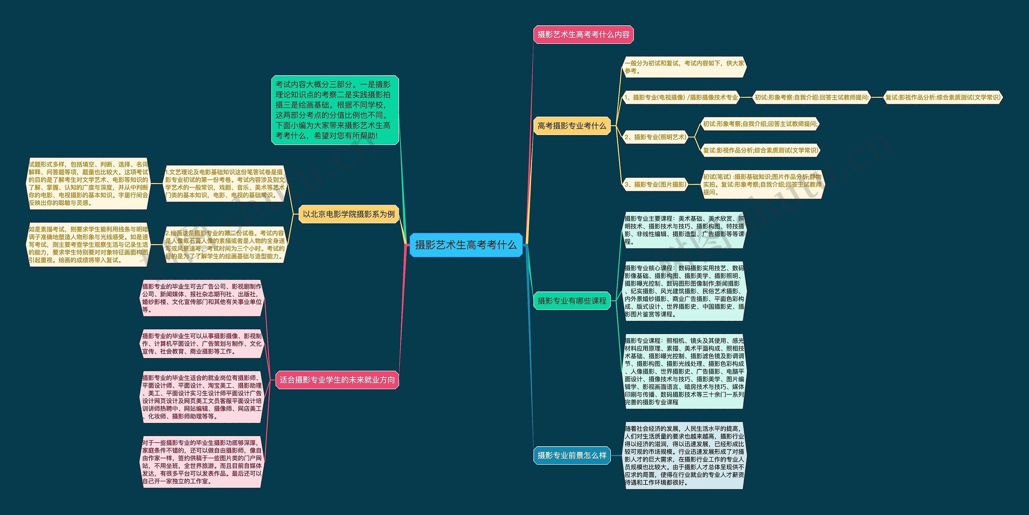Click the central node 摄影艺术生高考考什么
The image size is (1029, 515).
[x=465, y=245]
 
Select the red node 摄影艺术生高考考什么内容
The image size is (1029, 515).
[x=583, y=35]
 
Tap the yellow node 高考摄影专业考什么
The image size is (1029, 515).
[x=572, y=126]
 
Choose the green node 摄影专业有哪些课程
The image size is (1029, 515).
[x=572, y=301]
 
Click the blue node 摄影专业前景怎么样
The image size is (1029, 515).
[x=572, y=455]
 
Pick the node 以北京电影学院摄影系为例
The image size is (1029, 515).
[x=348, y=214]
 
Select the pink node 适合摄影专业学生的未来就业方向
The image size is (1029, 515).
[x=337, y=380]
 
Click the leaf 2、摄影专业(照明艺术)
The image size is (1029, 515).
[x=655, y=137]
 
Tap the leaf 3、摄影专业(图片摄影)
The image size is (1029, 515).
[x=655, y=185]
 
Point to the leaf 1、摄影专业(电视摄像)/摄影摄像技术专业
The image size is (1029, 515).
[x=681, y=97]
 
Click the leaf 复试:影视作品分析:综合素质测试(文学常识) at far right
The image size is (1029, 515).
[x=943, y=97]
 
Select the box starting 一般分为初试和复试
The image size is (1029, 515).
[x=684, y=67]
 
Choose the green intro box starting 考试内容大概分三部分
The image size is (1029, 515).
[x=335, y=110]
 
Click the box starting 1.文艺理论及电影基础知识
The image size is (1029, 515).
[x=225, y=184]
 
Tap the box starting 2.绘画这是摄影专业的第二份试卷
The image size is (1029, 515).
[x=225, y=244]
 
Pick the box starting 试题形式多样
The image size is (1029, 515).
[x=88, y=184]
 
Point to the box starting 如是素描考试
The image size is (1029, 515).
[x=88, y=244]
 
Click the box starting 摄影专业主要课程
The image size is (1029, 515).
[x=684, y=230]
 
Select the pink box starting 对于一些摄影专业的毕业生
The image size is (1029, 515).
[x=202, y=462]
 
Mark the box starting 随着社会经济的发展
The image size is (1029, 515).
[x=684, y=455]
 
